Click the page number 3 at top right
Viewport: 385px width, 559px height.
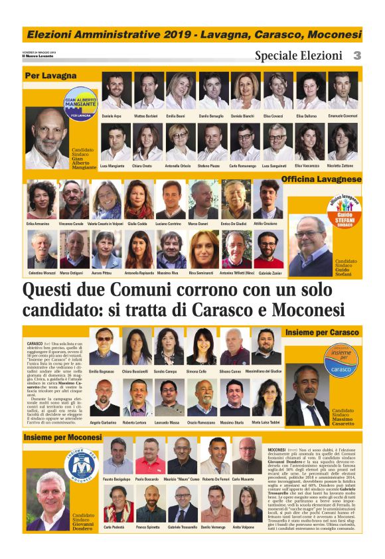tap(357, 56)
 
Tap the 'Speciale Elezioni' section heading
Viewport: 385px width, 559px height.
tap(298, 56)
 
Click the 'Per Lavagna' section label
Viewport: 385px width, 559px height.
tap(50, 76)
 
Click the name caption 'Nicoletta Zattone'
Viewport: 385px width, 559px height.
tap(343, 165)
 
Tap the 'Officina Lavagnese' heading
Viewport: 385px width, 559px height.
tap(321, 179)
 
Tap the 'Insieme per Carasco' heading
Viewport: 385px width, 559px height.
tap(321, 331)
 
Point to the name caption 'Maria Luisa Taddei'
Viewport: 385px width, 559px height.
tap(266, 423)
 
